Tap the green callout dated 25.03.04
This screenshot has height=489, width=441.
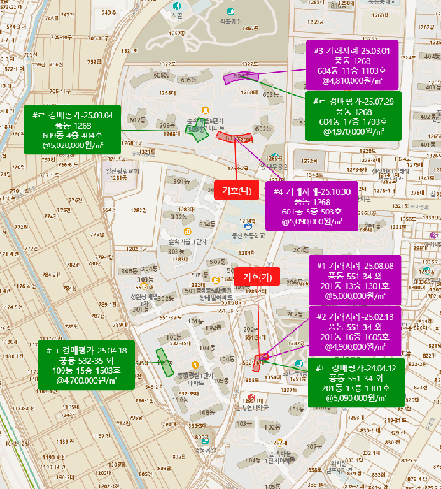click(x=73, y=129)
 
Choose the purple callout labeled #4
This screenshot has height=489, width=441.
click(x=312, y=205)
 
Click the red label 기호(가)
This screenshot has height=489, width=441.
click(x=257, y=277)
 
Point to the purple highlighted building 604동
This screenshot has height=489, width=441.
click(x=241, y=76)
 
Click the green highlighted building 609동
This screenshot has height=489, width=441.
click(x=200, y=133)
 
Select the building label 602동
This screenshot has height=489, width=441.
click(x=262, y=129)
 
